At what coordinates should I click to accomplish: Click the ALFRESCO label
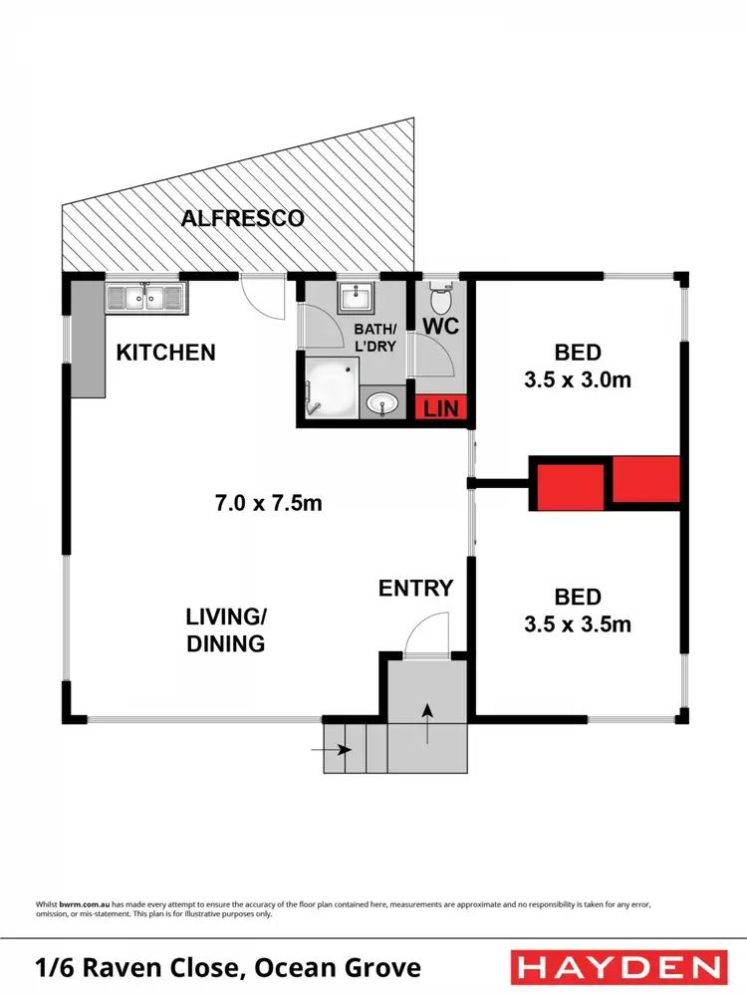click(x=242, y=218)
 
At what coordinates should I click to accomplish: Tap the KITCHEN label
click(x=165, y=352)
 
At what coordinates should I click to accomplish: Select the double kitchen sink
click(x=145, y=297)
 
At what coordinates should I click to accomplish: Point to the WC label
click(x=440, y=328)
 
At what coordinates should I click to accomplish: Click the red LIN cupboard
click(x=439, y=408)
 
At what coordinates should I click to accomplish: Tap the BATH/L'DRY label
click(x=375, y=336)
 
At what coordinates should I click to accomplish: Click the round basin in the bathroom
click(x=381, y=403)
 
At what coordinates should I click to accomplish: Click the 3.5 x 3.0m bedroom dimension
click(x=579, y=379)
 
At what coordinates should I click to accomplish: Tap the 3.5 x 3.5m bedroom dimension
click(x=579, y=624)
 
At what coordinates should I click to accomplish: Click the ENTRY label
click(x=415, y=588)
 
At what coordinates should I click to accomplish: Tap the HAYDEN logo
click(x=616, y=967)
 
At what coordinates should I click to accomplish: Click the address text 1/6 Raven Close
click(x=228, y=967)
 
